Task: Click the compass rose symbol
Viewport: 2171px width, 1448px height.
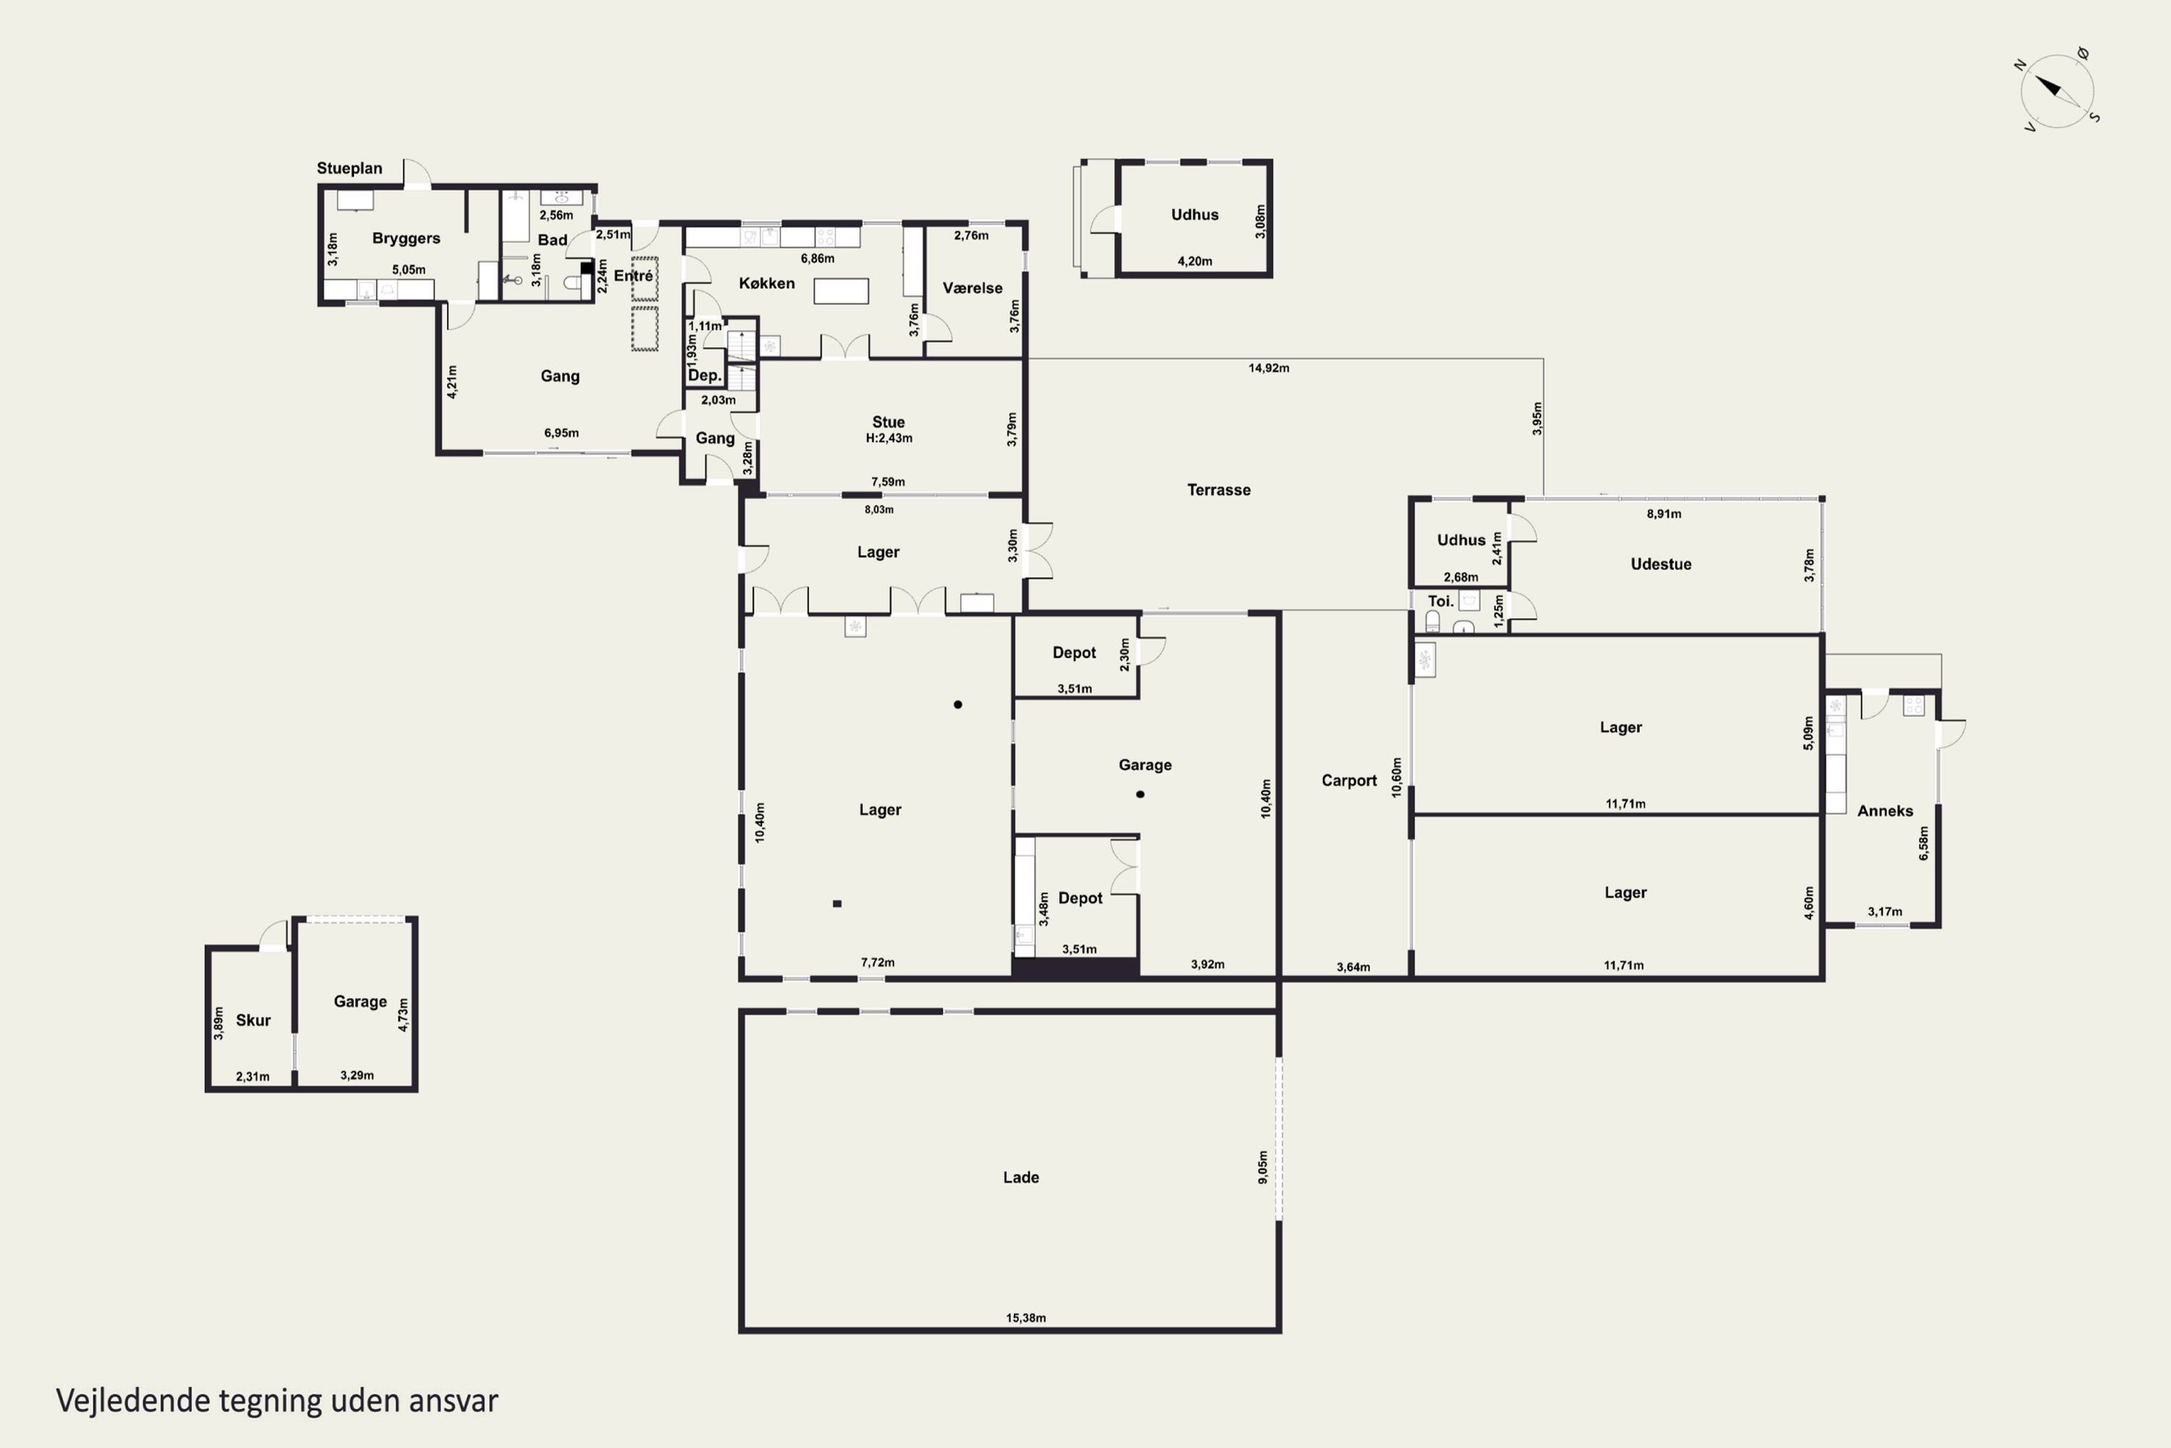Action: pos(2057,90)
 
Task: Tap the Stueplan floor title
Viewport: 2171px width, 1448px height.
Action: pos(349,168)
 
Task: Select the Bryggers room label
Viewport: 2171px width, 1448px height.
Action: pos(406,238)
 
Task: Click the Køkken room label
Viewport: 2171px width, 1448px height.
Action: pos(766,284)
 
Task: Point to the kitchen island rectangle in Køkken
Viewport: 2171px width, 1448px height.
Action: pos(841,291)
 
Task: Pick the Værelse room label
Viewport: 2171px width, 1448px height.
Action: pos(972,288)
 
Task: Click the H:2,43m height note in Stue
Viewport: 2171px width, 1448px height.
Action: pos(889,439)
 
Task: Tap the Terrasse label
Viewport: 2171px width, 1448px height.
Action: pos(1219,490)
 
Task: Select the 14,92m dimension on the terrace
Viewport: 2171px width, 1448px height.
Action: pos(1269,369)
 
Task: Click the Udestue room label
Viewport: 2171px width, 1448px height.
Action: pos(1661,564)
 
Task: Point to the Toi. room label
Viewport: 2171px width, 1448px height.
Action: pos(1440,601)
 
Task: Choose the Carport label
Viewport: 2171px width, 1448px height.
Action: pos(1349,781)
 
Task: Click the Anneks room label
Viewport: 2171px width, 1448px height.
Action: pos(1885,811)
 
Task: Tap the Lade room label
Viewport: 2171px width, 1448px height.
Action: pos(1021,1177)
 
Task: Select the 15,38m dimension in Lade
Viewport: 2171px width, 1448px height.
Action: pos(1025,1318)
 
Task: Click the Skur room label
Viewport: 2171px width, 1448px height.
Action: pos(253,1020)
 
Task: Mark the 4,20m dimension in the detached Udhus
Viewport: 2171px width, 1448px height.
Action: pos(1195,261)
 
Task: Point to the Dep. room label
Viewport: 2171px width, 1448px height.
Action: pos(704,375)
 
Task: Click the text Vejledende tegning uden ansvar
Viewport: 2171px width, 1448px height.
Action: pos(277,1401)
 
